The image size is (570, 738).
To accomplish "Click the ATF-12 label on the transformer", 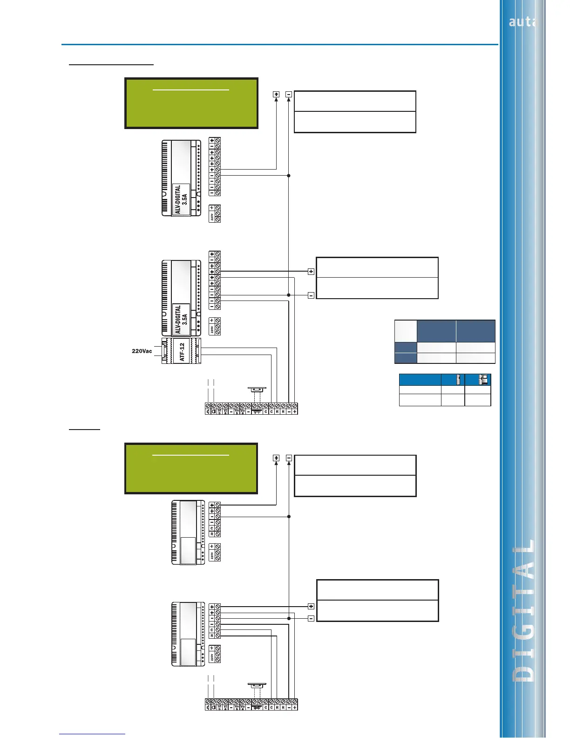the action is (x=182, y=352).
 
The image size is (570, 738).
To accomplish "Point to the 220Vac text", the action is (x=142, y=351).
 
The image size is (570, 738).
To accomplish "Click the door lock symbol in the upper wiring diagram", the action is (x=257, y=389).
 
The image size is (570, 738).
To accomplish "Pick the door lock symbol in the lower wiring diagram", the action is (x=257, y=685).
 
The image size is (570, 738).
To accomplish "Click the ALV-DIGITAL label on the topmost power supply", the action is (x=181, y=199).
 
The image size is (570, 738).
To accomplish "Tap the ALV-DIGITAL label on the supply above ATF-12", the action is (x=181, y=319).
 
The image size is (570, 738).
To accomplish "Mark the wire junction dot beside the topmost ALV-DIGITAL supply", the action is (x=289, y=176).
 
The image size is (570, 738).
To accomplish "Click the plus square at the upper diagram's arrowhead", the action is (x=276, y=94).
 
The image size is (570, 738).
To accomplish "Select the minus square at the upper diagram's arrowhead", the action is (x=289, y=94).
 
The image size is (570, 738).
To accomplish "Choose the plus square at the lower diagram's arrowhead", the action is (x=276, y=458).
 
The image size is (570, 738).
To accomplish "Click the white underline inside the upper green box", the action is (x=191, y=89).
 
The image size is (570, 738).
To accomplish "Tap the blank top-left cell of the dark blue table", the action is (x=406, y=331).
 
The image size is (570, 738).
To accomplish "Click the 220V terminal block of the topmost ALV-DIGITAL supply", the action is (x=215, y=213).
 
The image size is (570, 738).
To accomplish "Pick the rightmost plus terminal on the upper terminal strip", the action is (x=295, y=411).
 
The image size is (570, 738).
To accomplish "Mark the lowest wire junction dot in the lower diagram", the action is (x=289, y=618).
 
